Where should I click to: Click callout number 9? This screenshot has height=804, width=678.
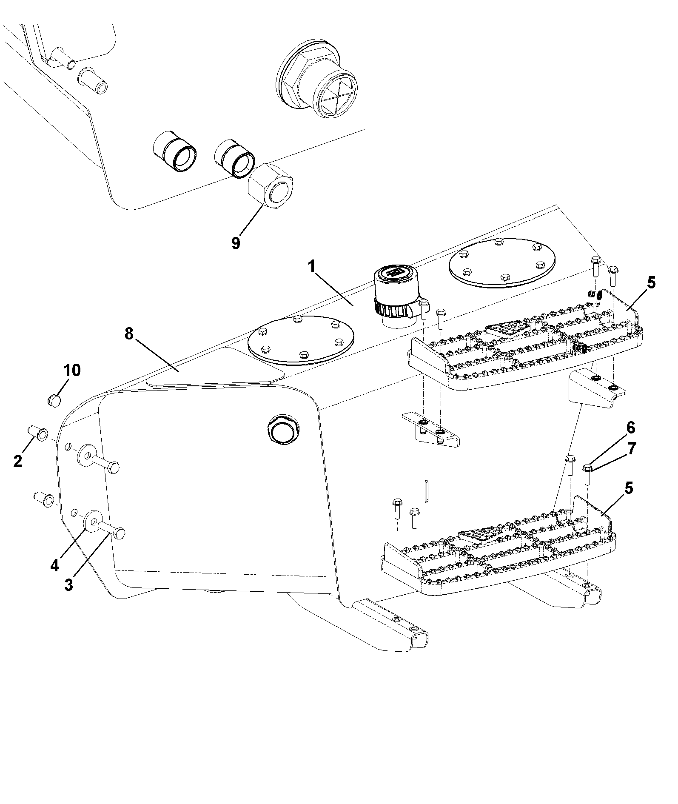pos(236,243)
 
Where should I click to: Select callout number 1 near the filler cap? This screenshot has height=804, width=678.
pos(312,267)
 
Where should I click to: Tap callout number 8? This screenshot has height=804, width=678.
pos(129,334)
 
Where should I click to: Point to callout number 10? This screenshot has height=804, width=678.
pos(72,370)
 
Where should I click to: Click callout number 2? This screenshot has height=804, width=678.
pos(17,461)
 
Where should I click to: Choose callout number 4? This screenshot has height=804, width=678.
pos(54,565)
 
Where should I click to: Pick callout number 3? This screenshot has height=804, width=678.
pos(68,584)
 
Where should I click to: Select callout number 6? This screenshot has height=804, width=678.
pos(630,427)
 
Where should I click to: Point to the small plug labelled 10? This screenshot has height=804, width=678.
pos(53,400)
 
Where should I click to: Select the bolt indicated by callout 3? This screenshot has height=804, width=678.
pos(111,530)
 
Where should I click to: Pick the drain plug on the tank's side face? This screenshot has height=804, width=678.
pos(282,432)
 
